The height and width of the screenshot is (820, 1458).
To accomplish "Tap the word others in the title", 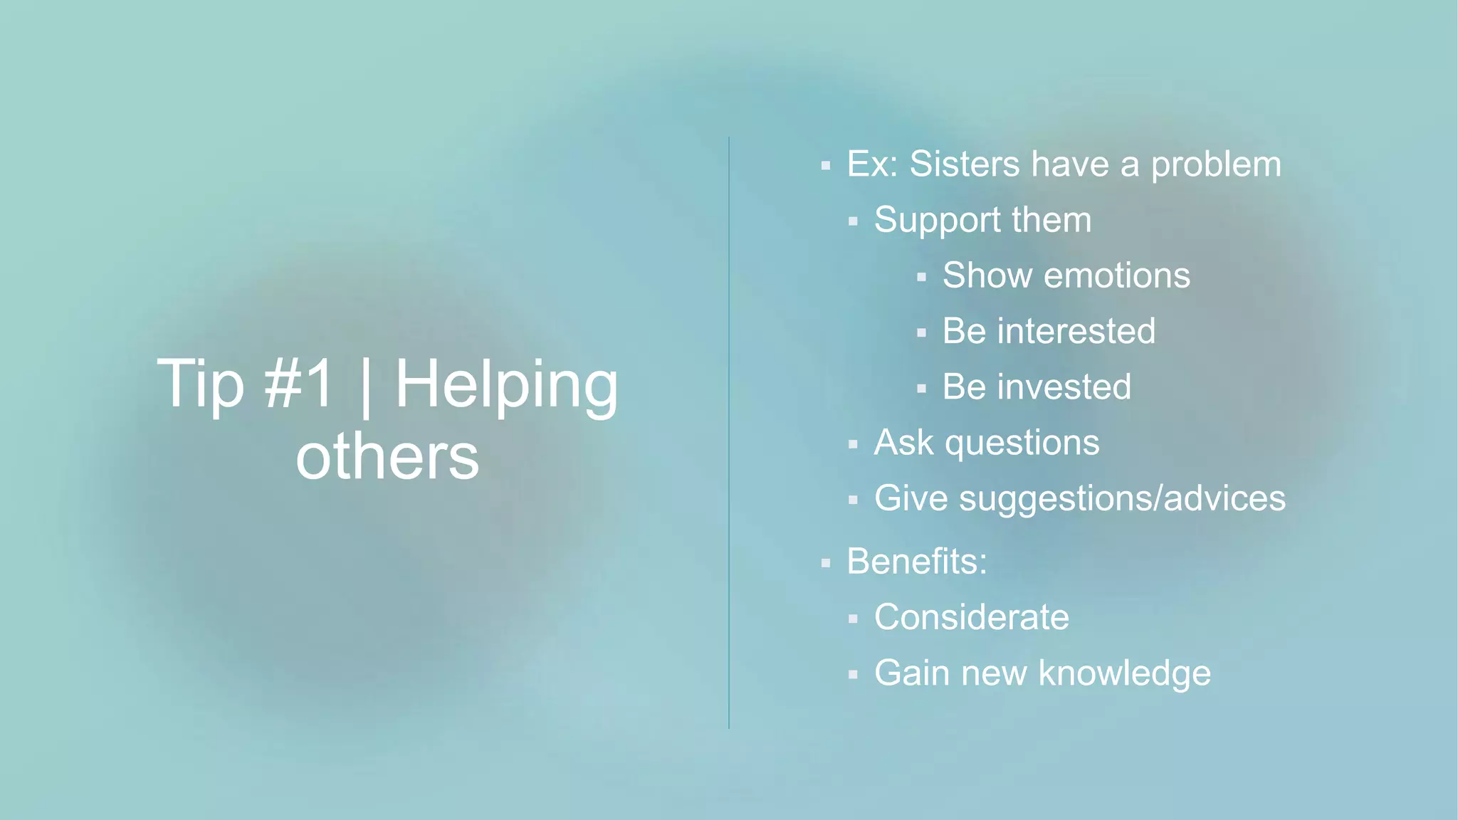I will (387, 457).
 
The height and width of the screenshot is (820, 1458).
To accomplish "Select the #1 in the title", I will (298, 384).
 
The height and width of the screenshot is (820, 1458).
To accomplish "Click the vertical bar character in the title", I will (366, 386).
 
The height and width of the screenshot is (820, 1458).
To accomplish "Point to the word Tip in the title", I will (200, 384).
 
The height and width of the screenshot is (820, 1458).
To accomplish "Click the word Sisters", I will (965, 164).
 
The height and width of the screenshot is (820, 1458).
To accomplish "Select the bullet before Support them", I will (853, 221).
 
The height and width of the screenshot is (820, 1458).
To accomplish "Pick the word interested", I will (1076, 332).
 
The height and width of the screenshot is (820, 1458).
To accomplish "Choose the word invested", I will (1064, 387).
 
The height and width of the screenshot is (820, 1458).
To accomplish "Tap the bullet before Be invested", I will (921, 389).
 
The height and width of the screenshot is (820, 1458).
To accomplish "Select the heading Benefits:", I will (917, 562).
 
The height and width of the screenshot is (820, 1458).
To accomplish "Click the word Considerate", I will (971, 617).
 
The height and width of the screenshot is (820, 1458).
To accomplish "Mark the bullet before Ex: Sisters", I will (826, 166).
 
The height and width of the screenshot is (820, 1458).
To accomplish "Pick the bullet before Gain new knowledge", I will (853, 674).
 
